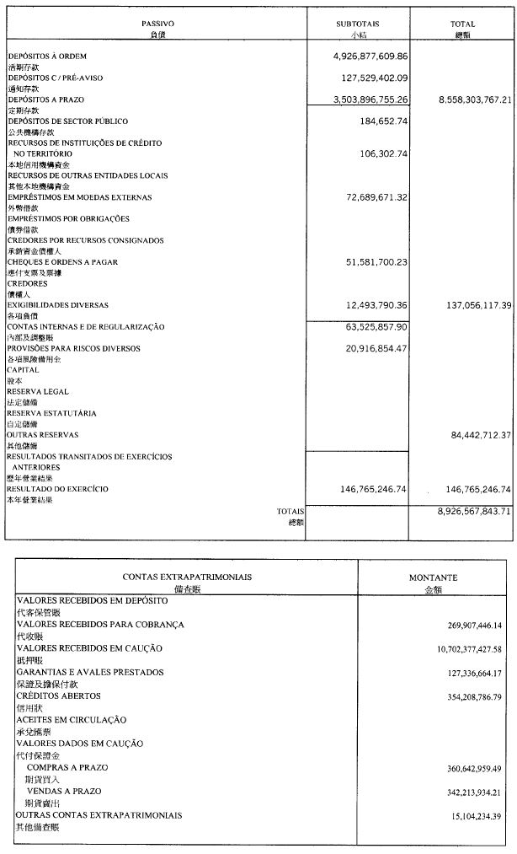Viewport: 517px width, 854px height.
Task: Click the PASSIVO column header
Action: pyautogui.click(x=152, y=24)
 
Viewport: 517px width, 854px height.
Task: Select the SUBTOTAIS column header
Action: pyautogui.click(x=358, y=24)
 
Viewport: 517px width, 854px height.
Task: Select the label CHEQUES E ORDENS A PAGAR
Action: pyautogui.click(x=62, y=262)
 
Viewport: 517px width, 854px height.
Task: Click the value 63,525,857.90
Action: pyautogui.click(x=365, y=326)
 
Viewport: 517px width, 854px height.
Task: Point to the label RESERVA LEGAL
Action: pyautogui.click(x=37, y=392)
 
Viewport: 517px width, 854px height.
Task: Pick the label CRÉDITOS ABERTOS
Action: pyautogui.click(x=58, y=696)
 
